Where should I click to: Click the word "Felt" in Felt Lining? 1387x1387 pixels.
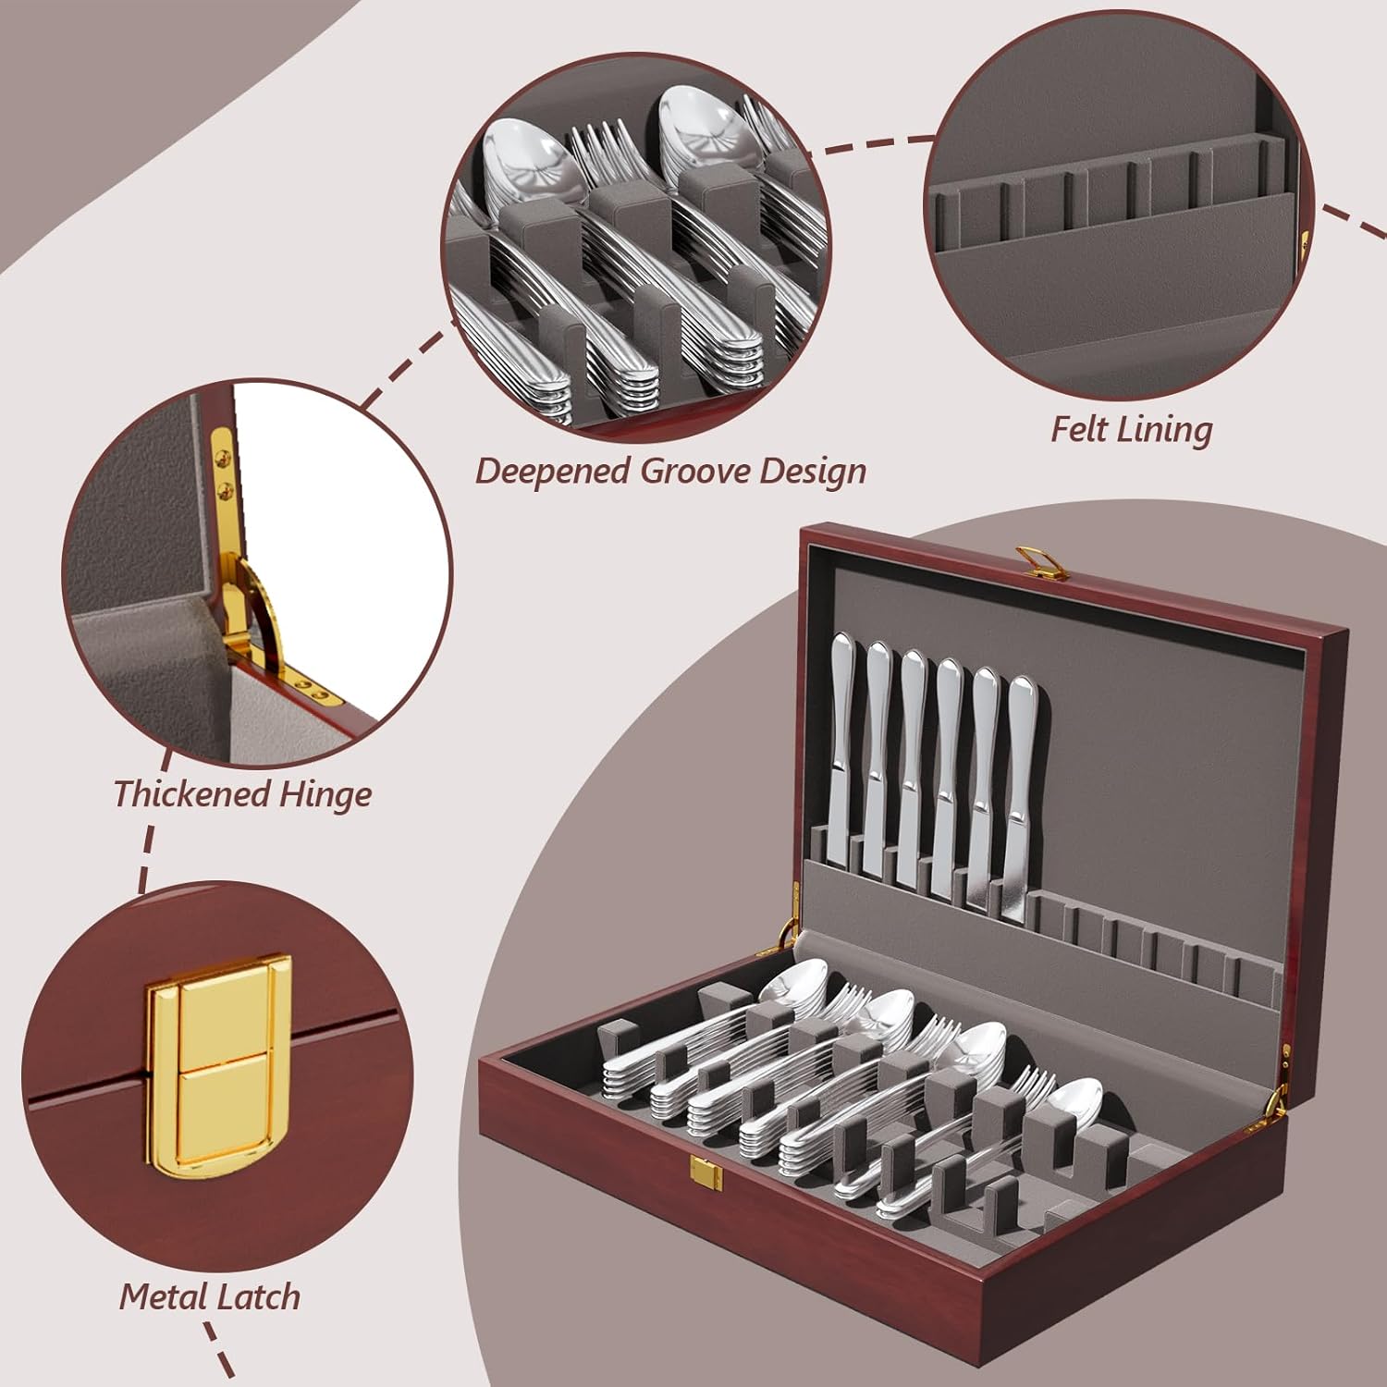coord(1079,429)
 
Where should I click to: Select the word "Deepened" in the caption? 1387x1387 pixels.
coord(553,471)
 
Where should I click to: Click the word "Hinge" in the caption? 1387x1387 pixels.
coord(327,795)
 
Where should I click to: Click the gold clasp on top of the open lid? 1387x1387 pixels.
coord(1035,562)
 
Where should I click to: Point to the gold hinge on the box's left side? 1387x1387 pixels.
coord(788,915)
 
